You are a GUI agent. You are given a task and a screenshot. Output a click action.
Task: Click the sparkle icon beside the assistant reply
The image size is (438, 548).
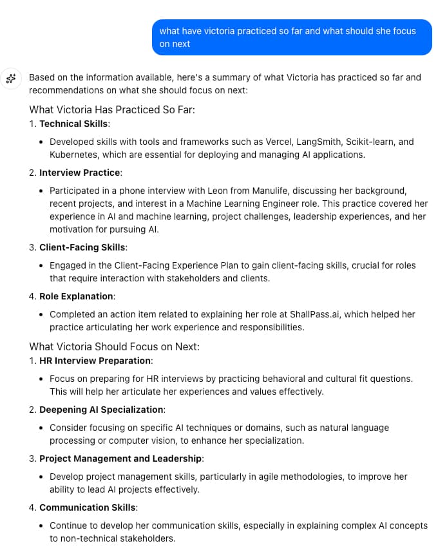(10, 79)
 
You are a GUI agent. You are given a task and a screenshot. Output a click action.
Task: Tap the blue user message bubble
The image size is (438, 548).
(292, 37)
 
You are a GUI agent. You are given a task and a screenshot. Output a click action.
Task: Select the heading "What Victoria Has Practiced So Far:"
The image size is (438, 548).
(112, 109)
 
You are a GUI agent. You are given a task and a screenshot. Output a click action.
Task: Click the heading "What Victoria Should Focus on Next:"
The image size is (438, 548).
(115, 346)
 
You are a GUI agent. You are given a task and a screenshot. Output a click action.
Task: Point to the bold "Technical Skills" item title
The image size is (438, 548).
(74, 124)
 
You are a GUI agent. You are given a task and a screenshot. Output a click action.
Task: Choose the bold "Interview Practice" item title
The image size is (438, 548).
(80, 173)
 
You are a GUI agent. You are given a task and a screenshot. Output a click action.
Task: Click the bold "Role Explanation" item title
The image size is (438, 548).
(77, 296)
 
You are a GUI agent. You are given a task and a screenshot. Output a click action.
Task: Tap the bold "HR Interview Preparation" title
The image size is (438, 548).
(95, 361)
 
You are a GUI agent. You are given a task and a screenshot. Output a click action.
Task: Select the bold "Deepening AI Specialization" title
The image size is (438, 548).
(101, 410)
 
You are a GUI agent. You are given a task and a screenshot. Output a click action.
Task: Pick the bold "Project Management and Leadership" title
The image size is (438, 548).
(120, 458)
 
